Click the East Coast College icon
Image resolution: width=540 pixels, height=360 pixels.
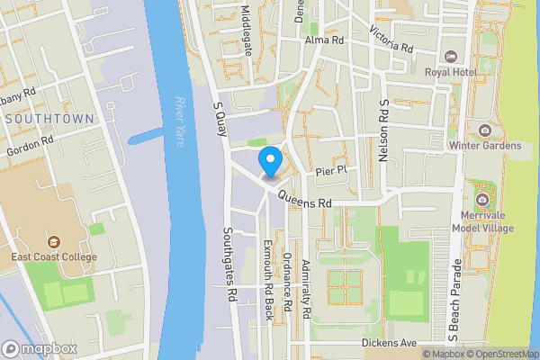[54, 242]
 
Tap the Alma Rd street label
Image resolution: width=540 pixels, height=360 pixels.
[325, 40]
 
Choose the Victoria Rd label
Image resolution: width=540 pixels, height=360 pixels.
[391, 38]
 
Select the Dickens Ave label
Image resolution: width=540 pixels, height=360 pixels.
[390, 343]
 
